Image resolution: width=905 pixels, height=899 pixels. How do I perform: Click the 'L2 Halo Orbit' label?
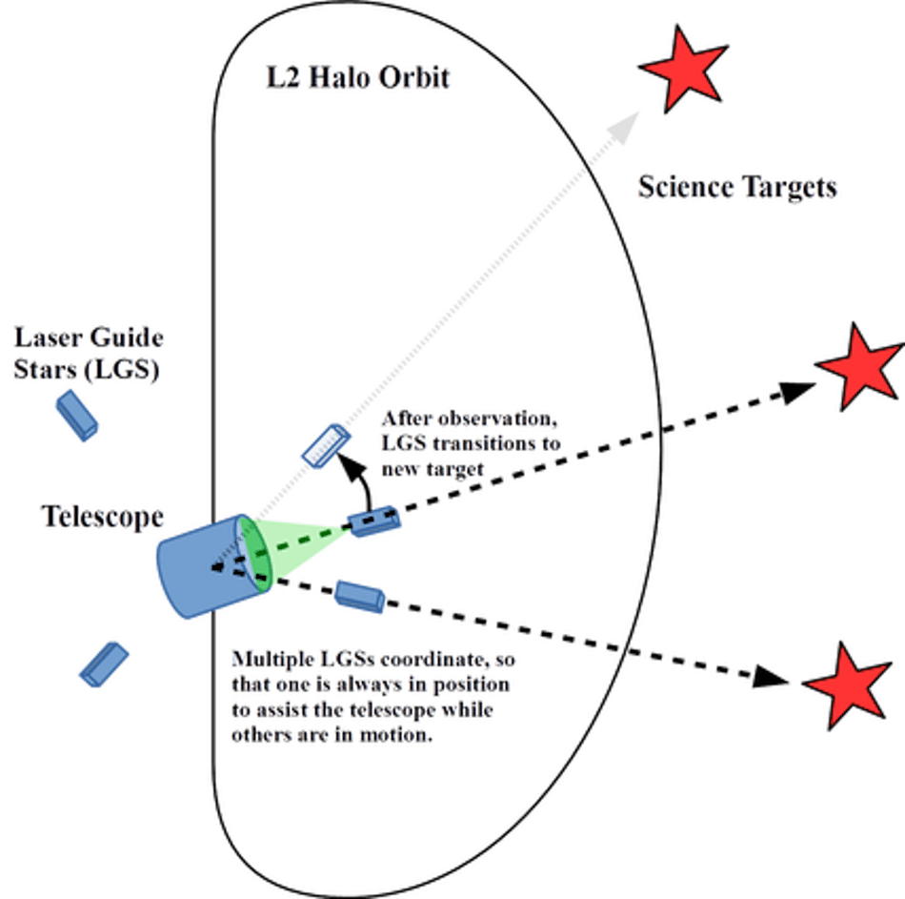click(x=357, y=78)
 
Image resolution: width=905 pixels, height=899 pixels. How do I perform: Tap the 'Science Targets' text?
click(x=737, y=188)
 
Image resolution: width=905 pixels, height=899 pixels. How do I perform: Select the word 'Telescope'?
click(x=103, y=518)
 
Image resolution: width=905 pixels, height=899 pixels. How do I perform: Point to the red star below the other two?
click(x=849, y=684)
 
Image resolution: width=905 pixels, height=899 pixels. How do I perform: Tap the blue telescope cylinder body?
click(x=202, y=567)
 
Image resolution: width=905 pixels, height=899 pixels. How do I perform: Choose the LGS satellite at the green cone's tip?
click(x=373, y=522)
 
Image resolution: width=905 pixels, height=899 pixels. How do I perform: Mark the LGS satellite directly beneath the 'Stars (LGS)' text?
click(x=76, y=416)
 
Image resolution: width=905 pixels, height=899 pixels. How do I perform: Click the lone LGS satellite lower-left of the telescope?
click(x=104, y=664)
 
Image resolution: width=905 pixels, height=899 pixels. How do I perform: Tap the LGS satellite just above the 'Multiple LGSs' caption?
click(x=360, y=596)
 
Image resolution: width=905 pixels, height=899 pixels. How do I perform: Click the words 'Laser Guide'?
click(x=88, y=337)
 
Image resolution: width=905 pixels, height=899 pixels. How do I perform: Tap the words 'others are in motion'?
click(x=333, y=736)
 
